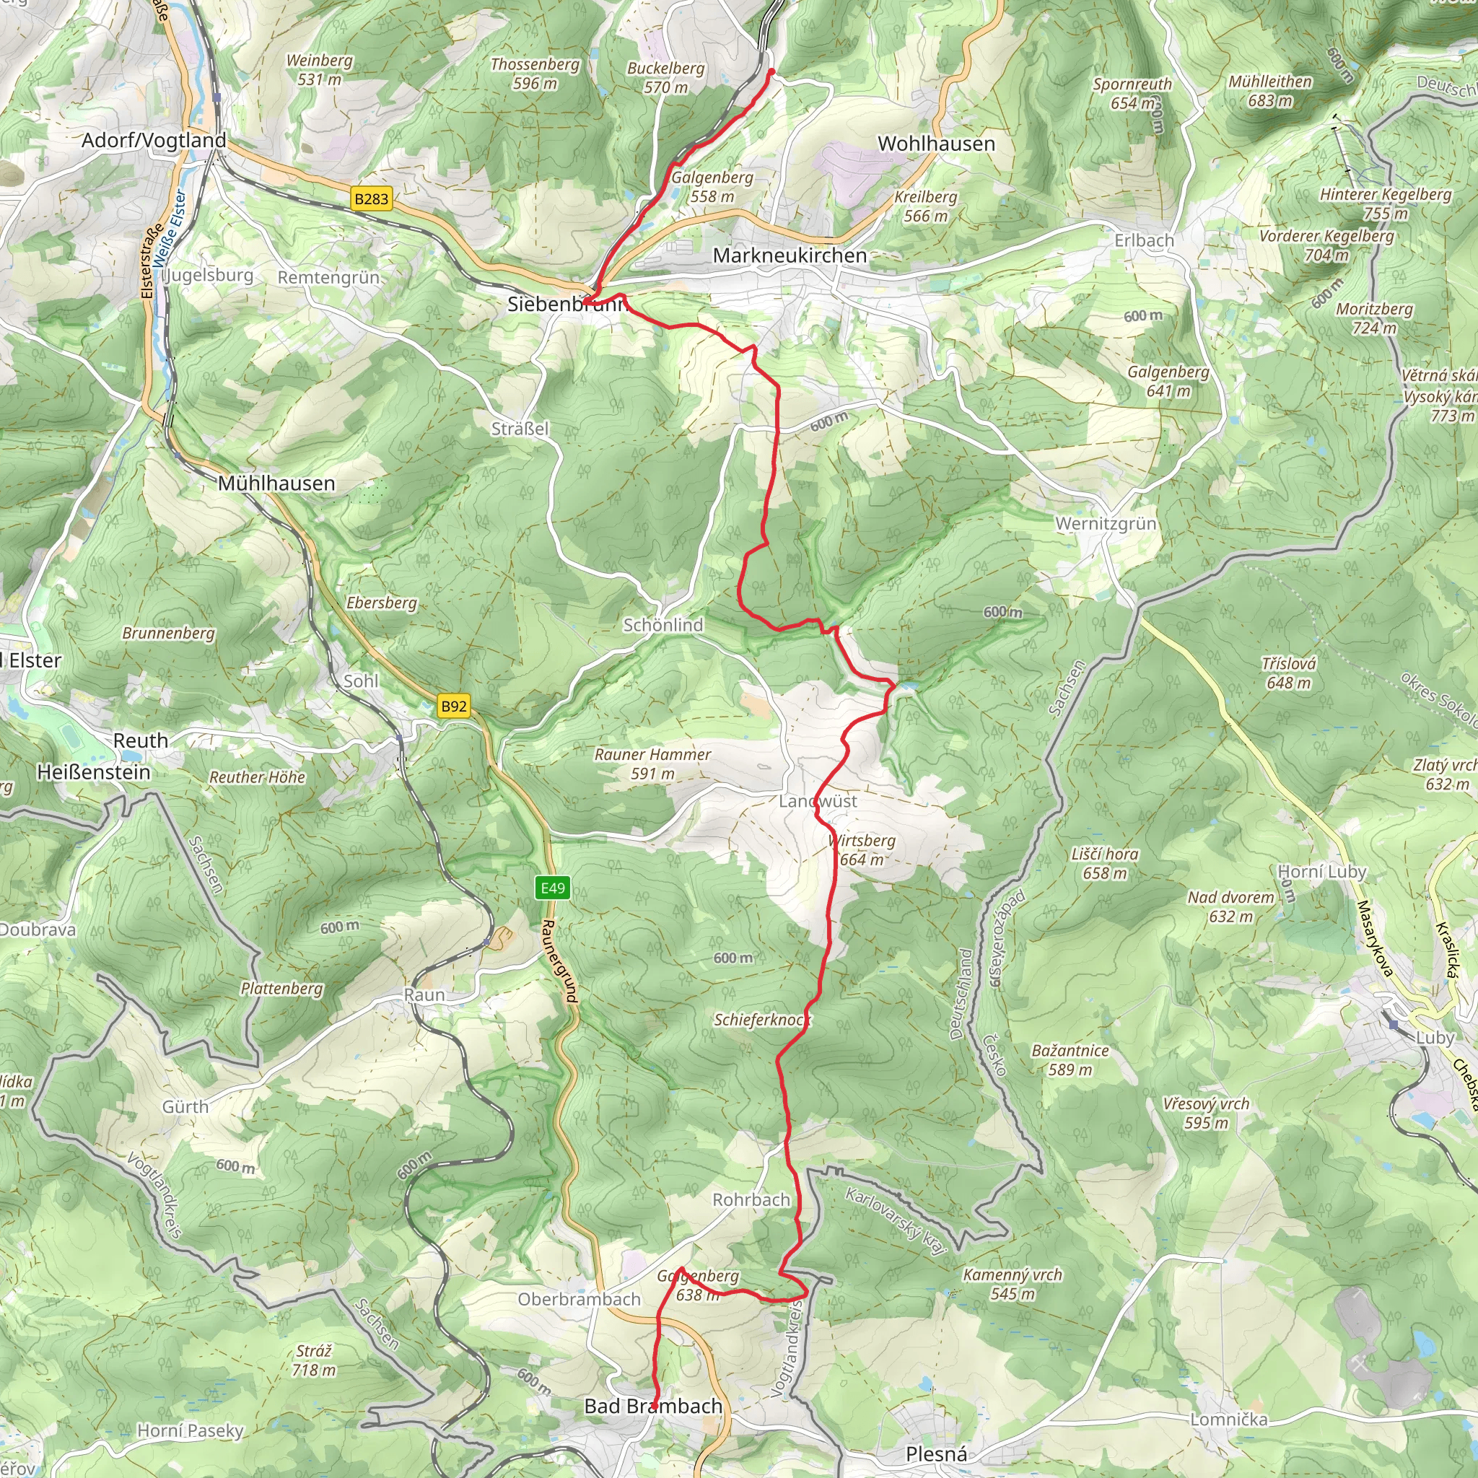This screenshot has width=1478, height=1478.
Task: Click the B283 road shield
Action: (371, 199)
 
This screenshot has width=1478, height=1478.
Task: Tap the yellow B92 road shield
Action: (454, 706)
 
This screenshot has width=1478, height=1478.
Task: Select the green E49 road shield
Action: (552, 888)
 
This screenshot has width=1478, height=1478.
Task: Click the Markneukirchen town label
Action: (790, 255)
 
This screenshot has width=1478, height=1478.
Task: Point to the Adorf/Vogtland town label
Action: (154, 140)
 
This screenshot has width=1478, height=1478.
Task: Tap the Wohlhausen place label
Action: (935, 144)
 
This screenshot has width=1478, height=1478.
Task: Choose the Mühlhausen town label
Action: (276, 484)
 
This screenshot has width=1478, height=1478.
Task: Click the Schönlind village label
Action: (663, 625)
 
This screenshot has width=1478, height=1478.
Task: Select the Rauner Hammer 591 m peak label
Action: (652, 764)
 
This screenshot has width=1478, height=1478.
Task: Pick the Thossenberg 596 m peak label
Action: (535, 74)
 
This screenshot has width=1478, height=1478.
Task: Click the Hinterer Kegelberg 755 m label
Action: (1385, 204)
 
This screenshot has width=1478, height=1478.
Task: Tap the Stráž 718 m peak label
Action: (313, 1360)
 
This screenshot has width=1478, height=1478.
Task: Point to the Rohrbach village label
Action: (751, 1199)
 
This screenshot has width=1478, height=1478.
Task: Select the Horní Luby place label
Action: (1321, 871)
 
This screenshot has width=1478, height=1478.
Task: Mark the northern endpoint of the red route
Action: (771, 72)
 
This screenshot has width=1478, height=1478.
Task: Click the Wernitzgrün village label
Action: (1106, 524)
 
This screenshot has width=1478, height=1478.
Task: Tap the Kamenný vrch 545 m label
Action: (1011, 1284)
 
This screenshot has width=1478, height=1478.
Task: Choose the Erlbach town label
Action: (1143, 240)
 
